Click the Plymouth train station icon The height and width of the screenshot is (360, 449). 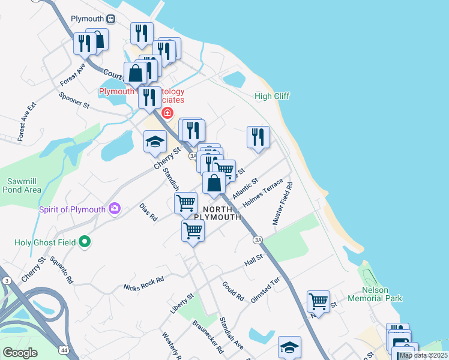111,19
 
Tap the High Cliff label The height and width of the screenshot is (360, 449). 272,96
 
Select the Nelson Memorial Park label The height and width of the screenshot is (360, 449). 382,293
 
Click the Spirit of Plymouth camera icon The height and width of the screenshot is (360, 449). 114,209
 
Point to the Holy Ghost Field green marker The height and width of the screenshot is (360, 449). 85,242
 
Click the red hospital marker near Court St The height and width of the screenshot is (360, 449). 167,112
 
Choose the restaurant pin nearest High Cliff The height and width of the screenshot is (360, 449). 258,136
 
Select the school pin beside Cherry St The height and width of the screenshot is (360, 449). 155,142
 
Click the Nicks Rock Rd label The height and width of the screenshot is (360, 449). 143,284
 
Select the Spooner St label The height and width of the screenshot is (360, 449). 74,100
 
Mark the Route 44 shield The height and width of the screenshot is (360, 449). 63,349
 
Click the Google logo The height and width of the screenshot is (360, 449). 20,353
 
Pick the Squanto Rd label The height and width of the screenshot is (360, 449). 61,270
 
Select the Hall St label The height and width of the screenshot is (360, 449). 254,262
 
